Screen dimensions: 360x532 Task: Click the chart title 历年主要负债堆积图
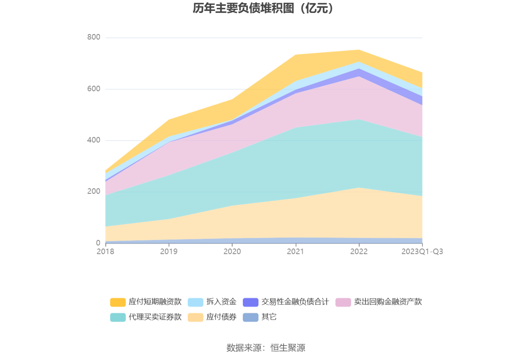click(x=263, y=8)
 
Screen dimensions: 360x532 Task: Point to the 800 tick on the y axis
click(x=94, y=37)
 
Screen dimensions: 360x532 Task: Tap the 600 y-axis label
click(x=94, y=89)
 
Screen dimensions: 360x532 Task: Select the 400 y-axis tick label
click(x=94, y=140)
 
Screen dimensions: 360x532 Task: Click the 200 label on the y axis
click(x=94, y=191)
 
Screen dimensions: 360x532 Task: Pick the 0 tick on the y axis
click(x=98, y=243)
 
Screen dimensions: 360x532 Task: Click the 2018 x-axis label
click(x=105, y=252)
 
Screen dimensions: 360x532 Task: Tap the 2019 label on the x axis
click(x=169, y=252)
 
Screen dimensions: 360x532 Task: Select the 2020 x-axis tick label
click(x=232, y=252)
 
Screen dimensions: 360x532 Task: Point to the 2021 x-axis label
click(x=295, y=252)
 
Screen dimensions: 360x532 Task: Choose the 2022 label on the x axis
click(x=359, y=252)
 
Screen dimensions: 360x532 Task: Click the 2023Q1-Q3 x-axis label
click(x=422, y=252)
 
